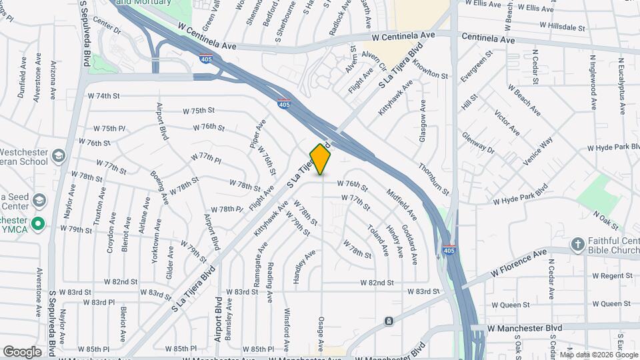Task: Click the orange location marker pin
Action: point(321,159)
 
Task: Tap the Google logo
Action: point(23,351)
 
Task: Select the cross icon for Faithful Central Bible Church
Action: point(578,245)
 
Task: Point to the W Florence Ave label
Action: point(519,262)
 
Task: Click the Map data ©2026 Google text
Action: point(597,355)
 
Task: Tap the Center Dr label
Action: point(107,30)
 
